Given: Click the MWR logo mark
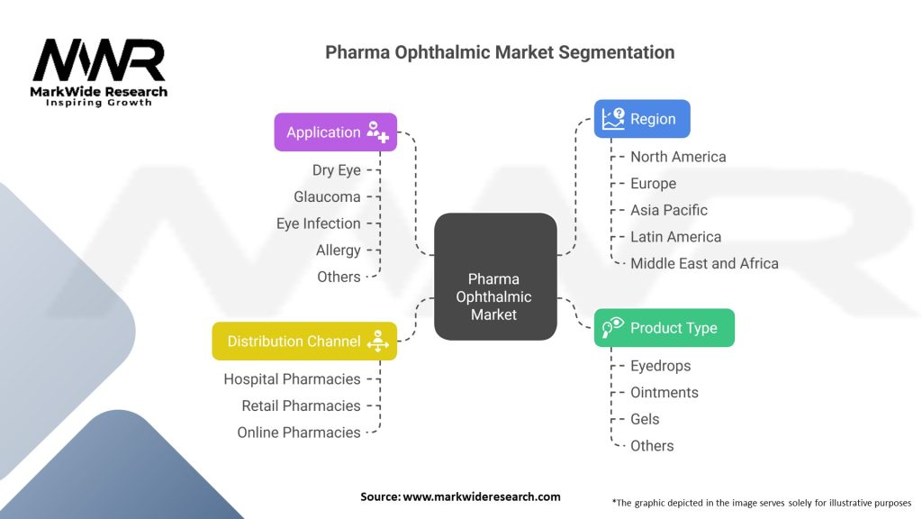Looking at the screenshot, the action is coord(99,60).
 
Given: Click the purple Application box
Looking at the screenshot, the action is coord(336,132).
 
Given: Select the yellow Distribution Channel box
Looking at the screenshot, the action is coord(304,341).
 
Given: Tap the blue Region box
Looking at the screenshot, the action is coord(642,119).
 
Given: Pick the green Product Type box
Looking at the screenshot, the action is coord(664,328).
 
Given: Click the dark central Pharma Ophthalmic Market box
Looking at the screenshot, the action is coord(496,277).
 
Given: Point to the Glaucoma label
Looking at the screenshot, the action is coord(327,196).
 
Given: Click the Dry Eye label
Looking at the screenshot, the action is coord(337,170).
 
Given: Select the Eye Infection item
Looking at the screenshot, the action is coord(318,223).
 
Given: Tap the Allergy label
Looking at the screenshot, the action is coord(339,250).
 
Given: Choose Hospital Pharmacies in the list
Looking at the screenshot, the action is coord(292,379).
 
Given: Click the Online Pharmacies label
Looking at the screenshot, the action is coord(299,432).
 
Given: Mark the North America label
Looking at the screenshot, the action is coord(678,157).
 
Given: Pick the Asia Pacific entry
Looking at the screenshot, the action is coord(669,210).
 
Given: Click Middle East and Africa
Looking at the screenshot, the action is coord(704,264).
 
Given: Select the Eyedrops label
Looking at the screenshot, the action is coord(660,366).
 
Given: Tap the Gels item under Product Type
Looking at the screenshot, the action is coord(645,419).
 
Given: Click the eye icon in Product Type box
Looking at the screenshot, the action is coord(612,327).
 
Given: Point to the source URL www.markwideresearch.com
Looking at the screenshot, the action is coord(482,496).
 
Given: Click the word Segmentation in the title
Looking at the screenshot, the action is coord(616,52).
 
